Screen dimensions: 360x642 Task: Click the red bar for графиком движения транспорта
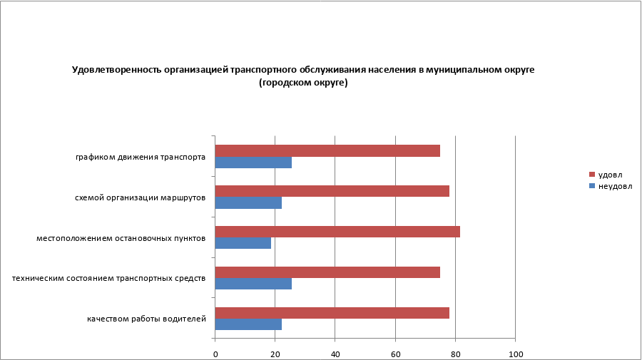pyautogui.click(x=327, y=150)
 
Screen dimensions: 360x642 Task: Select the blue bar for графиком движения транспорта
pyautogui.click(x=253, y=163)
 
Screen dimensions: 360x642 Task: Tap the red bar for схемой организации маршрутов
pyautogui.click(x=332, y=191)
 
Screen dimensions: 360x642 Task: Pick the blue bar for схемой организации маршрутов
pyautogui.click(x=248, y=203)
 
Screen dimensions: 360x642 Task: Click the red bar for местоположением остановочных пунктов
pyautogui.click(x=337, y=232)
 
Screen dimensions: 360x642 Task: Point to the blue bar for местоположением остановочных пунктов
pyautogui.click(x=243, y=243)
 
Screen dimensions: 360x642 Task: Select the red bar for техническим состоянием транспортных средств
pyautogui.click(x=327, y=272)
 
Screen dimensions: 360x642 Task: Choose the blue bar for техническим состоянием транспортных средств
pyautogui.click(x=253, y=284)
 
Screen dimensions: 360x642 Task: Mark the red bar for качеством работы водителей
pyautogui.click(x=332, y=312)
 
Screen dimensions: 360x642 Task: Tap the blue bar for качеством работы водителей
pyautogui.click(x=248, y=324)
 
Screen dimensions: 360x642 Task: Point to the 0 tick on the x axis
pyautogui.click(x=215, y=354)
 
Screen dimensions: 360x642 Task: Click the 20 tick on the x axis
pyautogui.click(x=275, y=354)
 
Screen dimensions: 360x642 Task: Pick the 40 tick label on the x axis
pyautogui.click(x=335, y=354)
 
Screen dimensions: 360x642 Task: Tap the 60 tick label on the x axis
pyautogui.click(x=395, y=354)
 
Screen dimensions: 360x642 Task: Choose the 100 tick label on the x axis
pyautogui.click(x=514, y=354)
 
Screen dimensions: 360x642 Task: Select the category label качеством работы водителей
pyautogui.click(x=147, y=318)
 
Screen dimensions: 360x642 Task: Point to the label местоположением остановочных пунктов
pyautogui.click(x=121, y=237)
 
